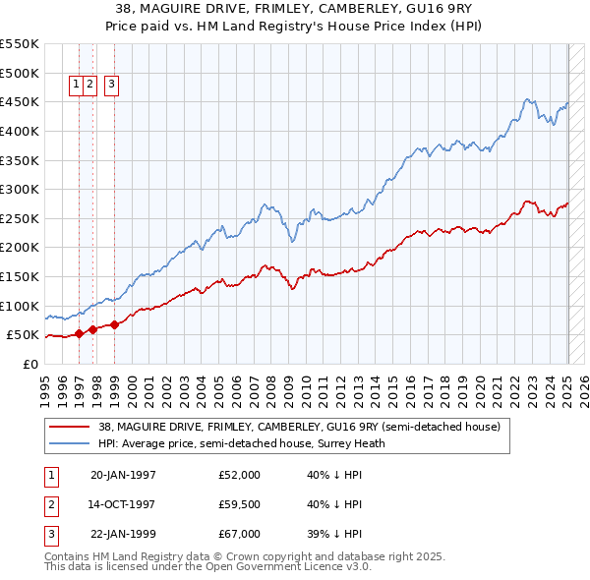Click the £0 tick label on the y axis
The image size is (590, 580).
click(29, 364)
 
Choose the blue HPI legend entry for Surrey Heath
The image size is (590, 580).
click(242, 443)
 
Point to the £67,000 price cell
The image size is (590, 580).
click(239, 534)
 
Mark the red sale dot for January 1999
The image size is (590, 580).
click(115, 324)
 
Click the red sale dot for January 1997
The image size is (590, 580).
click(80, 333)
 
